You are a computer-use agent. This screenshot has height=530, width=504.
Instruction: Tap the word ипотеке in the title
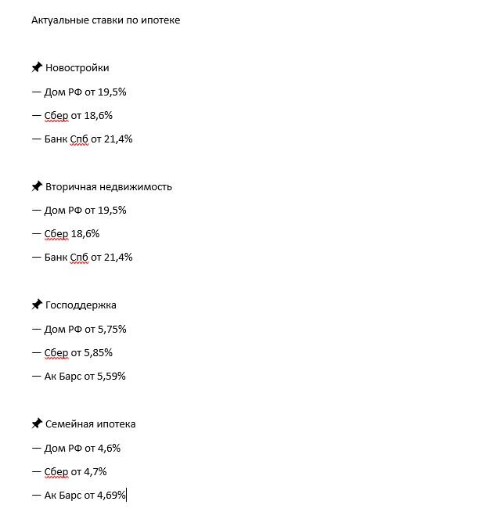tap(161, 20)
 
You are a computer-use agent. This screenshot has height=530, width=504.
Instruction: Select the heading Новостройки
tap(77, 68)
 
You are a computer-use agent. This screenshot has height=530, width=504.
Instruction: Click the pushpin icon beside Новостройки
tap(37, 67)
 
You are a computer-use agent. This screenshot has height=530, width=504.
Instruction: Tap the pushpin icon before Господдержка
tap(37, 305)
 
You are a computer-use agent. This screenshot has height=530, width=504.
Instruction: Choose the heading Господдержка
tap(81, 305)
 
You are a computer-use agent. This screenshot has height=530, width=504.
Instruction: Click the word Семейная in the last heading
tap(69, 424)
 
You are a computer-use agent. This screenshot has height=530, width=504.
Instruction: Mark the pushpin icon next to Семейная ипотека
tap(37, 424)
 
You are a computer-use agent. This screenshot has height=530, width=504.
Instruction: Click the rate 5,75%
tap(112, 329)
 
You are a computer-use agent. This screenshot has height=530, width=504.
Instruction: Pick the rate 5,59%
tap(111, 377)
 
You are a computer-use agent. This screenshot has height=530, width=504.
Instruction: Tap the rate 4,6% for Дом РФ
tap(109, 448)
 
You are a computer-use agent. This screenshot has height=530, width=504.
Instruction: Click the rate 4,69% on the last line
tap(111, 496)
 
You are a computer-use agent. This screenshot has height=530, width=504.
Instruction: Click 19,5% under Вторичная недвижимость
tap(112, 210)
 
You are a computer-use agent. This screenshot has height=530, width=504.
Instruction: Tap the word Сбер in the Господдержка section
tap(56, 352)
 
